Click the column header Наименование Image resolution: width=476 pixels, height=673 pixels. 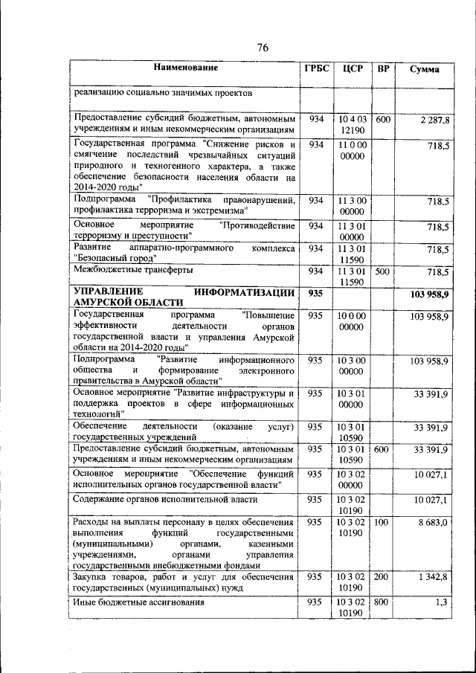click(186, 69)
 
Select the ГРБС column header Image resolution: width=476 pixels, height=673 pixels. click(316, 69)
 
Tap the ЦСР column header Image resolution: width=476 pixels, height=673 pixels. click(353, 69)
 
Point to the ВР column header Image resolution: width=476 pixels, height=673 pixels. click(383, 69)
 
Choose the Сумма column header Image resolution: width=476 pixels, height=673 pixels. click(424, 70)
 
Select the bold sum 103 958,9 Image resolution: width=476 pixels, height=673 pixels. click(429, 296)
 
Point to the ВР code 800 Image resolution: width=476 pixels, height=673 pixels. click(382, 602)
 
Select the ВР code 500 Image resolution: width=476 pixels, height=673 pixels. click(382, 272)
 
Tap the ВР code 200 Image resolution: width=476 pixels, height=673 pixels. click(382, 576)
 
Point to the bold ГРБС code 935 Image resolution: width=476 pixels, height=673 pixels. click(316, 294)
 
